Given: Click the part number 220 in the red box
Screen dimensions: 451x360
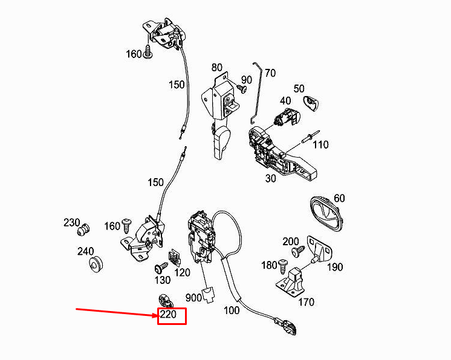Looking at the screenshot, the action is tap(168, 314).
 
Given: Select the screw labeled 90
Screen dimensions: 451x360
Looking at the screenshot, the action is tap(242, 88).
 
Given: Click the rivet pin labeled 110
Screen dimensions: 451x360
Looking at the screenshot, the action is tap(310, 137).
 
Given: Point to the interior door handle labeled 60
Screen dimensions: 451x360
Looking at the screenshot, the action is tap(326, 213).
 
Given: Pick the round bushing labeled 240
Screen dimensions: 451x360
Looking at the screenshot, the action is tap(95, 264).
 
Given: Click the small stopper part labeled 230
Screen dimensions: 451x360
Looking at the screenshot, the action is tap(83, 230).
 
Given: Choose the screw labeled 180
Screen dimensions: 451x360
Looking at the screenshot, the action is tap(282, 266).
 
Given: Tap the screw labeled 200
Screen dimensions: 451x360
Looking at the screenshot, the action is tap(298, 251).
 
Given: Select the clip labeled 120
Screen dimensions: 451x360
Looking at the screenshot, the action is tap(174, 257).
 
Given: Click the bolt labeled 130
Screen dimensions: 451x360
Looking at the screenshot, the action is tap(161, 268).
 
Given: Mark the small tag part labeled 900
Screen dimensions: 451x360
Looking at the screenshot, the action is tap(209, 295).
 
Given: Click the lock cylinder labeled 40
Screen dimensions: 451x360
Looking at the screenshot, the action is tap(287, 117).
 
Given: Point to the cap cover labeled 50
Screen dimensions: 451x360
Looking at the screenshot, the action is tap(311, 103).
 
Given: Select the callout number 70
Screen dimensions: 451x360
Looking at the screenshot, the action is tap(270, 73).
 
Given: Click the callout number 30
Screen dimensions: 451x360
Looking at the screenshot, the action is tap(270, 178).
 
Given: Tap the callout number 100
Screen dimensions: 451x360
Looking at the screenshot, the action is tap(232, 310).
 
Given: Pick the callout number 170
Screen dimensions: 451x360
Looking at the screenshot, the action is tap(306, 302).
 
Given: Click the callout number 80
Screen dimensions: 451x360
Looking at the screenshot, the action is tap(216, 67).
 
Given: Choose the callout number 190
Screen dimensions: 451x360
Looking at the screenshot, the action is tap(335, 267).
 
